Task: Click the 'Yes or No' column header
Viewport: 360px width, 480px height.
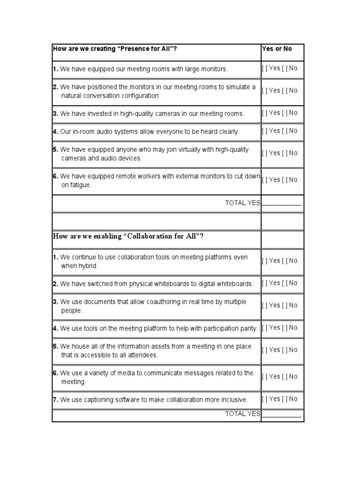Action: [277, 49]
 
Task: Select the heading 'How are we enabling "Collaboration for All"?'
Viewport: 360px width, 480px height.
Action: [128, 236]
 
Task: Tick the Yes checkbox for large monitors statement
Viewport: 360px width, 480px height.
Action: [264, 68]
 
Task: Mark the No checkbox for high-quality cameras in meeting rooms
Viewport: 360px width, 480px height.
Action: [284, 113]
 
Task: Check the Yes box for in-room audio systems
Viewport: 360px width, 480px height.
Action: [264, 131]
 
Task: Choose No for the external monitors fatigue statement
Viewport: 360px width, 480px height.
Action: [284, 180]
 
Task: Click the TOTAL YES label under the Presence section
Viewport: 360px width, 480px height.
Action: [242, 203]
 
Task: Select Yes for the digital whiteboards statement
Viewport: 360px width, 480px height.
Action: [264, 283]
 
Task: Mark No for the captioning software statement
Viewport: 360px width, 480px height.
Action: [284, 399]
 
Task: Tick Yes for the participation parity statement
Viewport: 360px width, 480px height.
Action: [264, 328]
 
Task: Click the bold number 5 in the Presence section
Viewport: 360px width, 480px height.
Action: [55, 150]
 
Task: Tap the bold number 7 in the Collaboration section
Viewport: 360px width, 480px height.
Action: [55, 400]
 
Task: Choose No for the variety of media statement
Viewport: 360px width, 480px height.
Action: [284, 376]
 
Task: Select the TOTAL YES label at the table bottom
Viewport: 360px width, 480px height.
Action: [242, 413]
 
